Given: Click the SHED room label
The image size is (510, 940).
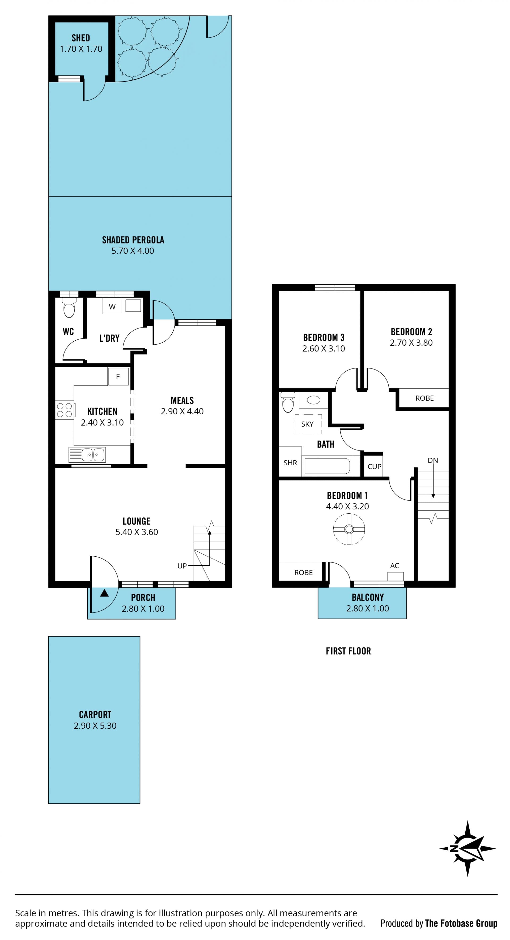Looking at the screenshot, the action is (81, 38).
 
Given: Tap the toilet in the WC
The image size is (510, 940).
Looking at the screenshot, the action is (69, 308).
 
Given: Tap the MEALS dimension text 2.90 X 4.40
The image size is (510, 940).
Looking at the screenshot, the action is (182, 411).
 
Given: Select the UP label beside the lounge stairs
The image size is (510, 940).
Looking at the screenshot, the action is (182, 566).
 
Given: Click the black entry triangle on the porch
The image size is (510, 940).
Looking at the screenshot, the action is (104, 593).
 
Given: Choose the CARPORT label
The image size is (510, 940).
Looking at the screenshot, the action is (95, 714).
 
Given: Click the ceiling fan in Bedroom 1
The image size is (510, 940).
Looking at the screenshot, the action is (349, 529).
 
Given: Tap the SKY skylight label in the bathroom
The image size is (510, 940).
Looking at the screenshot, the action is (307, 424).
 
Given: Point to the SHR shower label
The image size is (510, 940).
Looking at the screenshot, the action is (290, 463).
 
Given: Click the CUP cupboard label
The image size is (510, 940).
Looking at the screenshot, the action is (375, 466).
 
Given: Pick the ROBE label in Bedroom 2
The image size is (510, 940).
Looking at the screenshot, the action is (424, 398).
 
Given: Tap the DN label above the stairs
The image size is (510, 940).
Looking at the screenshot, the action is (433, 461).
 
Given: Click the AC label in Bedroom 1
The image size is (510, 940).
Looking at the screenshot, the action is (395, 566).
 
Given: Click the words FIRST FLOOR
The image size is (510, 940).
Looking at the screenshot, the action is (348, 651).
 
